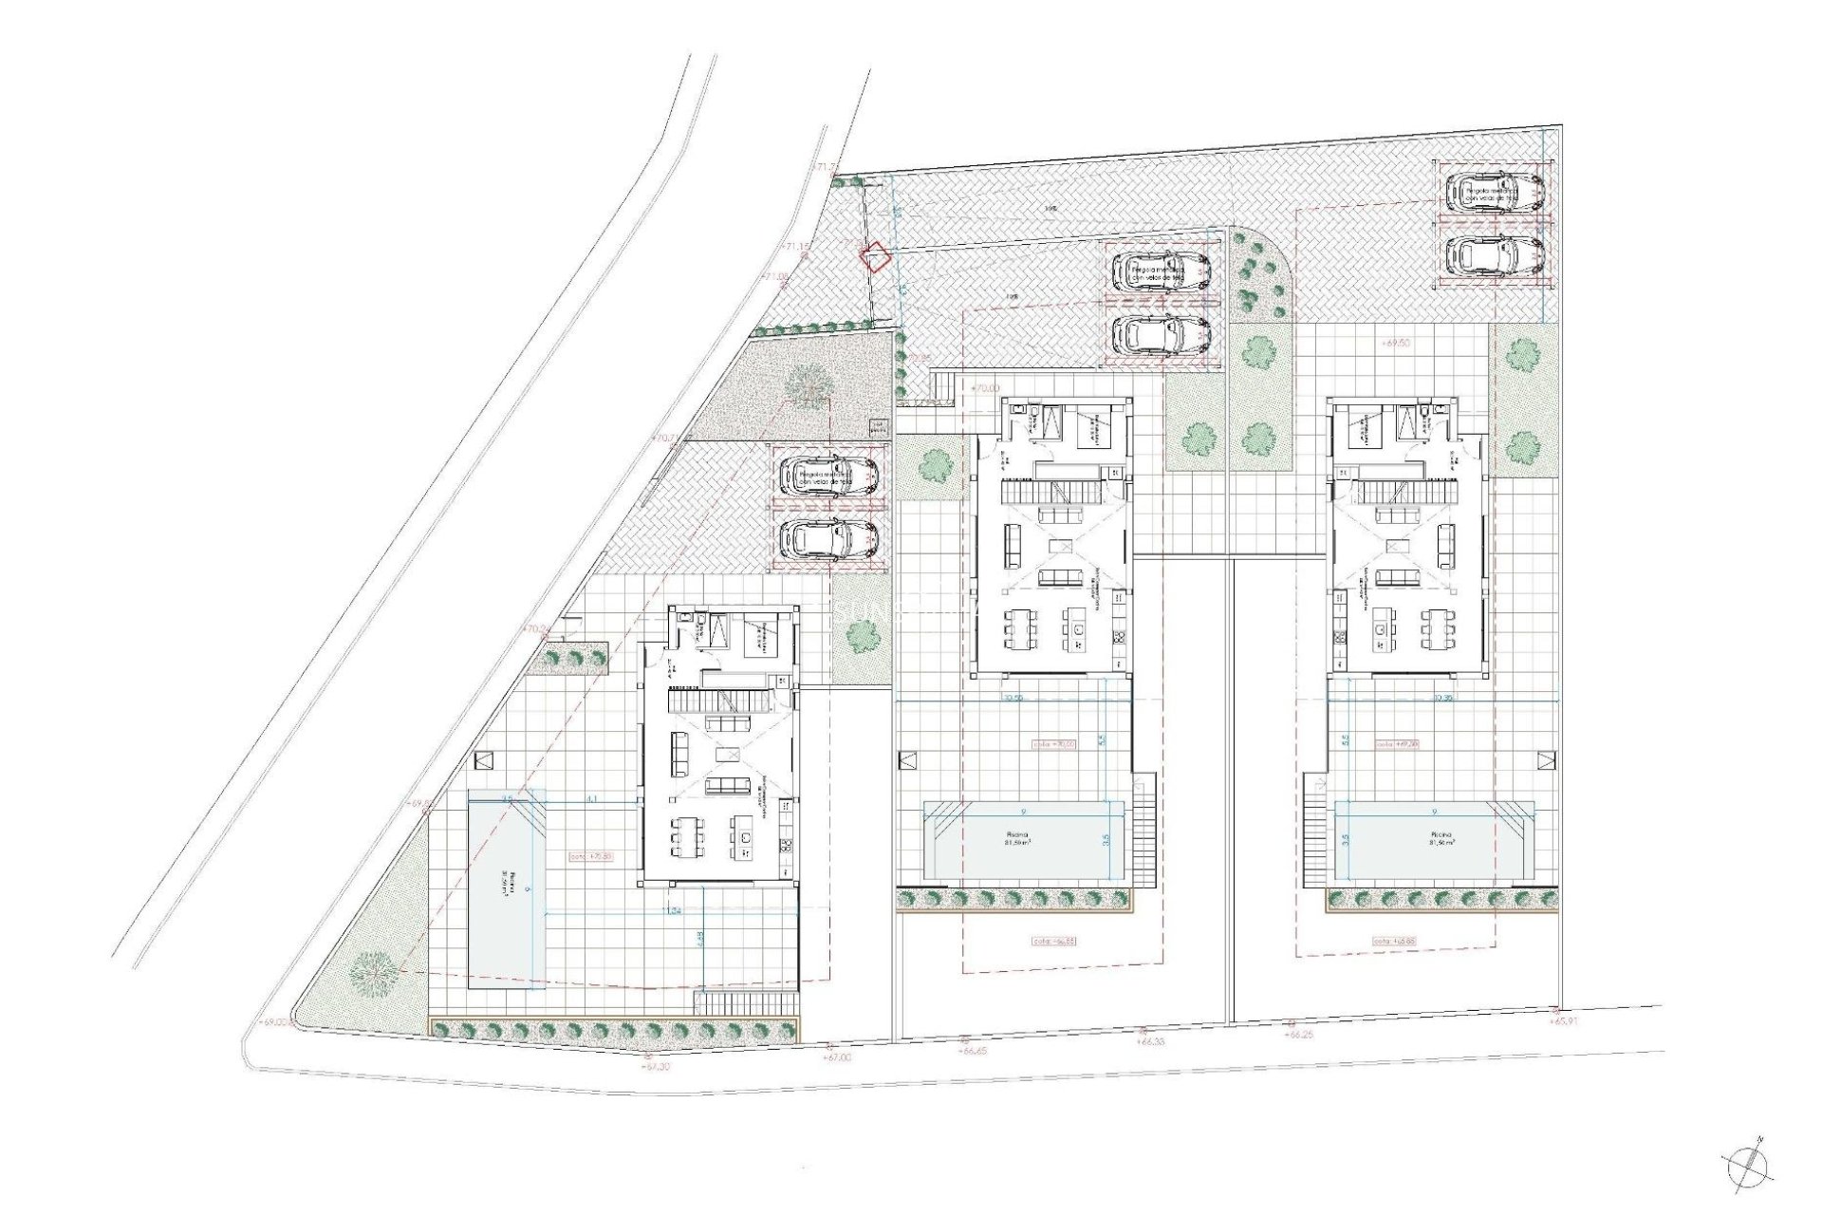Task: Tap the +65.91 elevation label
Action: (1567, 1021)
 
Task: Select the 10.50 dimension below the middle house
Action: (1013, 698)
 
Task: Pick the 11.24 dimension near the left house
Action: (675, 911)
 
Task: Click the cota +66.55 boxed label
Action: (1054, 942)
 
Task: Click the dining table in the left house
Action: (688, 837)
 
